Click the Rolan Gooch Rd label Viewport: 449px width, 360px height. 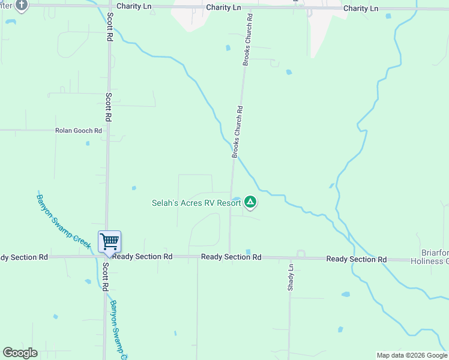click(x=79, y=130)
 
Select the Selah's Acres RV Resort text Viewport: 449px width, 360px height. click(x=196, y=203)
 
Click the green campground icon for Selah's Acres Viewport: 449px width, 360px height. click(x=251, y=203)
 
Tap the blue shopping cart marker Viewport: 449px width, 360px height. click(x=109, y=242)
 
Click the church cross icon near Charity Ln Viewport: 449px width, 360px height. click(x=22, y=5)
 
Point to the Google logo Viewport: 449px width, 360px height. click(x=20, y=353)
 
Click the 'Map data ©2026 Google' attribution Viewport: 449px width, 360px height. click(x=411, y=355)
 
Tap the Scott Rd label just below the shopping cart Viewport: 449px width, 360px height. click(x=104, y=277)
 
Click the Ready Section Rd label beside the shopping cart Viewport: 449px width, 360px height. click(x=142, y=257)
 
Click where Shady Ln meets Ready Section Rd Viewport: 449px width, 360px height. click(x=290, y=258)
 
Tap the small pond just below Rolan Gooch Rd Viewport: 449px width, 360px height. click(x=88, y=143)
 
